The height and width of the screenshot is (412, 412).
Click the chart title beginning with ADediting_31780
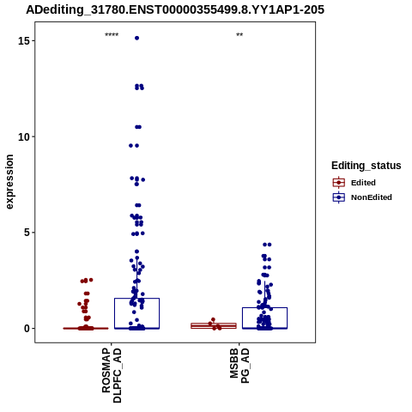[175, 9]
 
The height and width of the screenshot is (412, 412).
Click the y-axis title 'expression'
[9, 182]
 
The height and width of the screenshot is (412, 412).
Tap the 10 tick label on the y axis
[24, 137]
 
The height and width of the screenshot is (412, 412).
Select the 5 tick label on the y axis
[27, 233]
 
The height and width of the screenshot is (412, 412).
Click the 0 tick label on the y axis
[27, 329]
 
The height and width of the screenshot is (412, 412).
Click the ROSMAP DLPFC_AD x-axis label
[112, 375]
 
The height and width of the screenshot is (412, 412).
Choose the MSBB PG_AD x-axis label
[239, 366]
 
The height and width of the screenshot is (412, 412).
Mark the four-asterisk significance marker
[112, 35]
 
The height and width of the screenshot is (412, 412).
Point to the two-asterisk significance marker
[239, 35]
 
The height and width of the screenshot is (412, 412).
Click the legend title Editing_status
[367, 166]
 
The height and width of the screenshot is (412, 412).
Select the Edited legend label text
[363, 183]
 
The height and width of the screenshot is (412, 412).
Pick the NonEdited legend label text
[372, 197]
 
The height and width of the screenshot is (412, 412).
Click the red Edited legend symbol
[339, 183]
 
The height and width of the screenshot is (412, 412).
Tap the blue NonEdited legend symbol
[339, 197]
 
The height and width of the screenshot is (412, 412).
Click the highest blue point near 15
[137, 38]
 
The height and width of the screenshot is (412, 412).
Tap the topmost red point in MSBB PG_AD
[213, 319]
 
